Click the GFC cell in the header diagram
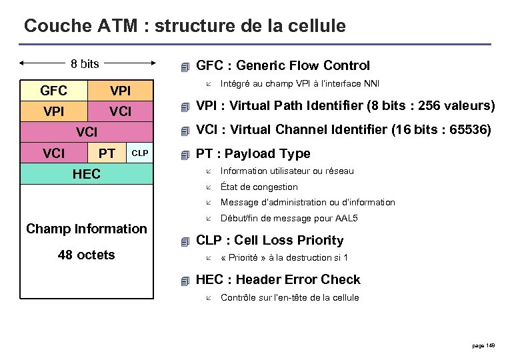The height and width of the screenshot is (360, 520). [53, 91]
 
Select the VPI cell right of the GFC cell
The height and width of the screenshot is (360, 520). [120, 91]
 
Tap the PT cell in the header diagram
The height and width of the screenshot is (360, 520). [107, 154]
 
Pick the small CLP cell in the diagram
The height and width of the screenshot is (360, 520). [139, 153]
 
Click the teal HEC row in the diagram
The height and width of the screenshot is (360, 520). [87, 174]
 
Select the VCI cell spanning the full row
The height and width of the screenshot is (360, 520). [87, 133]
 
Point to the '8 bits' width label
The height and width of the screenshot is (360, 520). [85, 64]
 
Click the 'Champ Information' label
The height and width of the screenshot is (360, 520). [87, 229]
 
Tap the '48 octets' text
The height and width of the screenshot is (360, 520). [85, 255]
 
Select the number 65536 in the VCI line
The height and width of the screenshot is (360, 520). [471, 129]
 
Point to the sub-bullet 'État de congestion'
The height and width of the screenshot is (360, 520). [259, 187]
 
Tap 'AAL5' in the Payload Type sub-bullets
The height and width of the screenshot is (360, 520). [345, 218]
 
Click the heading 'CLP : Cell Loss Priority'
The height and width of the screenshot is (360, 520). [269, 240]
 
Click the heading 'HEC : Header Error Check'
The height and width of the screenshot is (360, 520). [278, 279]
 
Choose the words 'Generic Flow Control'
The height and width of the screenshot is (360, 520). [303, 65]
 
